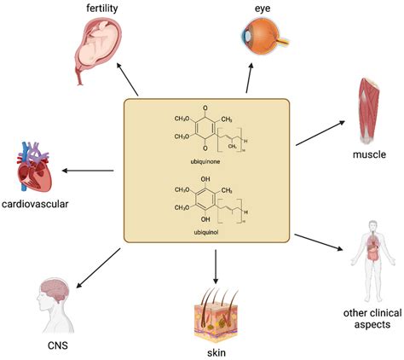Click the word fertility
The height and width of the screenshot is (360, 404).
(102, 8)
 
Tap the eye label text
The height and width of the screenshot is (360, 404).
(263, 9)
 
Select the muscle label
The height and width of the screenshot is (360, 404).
(369, 154)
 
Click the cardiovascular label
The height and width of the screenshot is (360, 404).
(35, 204)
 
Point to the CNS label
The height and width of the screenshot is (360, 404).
(58, 345)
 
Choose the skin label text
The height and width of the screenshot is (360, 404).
(216, 352)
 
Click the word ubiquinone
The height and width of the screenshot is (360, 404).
(205, 161)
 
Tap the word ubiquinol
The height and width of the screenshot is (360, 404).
(206, 232)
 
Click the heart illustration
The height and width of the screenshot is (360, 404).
(33, 167)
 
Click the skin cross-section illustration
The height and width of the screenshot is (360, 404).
(216, 316)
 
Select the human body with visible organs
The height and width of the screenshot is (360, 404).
(373, 261)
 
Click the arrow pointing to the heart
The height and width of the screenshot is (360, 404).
(88, 171)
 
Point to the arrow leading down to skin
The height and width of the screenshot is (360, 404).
(216, 267)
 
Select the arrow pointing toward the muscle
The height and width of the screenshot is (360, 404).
(320, 133)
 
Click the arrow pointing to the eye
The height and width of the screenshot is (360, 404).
(249, 78)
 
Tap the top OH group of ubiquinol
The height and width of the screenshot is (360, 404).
(205, 179)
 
